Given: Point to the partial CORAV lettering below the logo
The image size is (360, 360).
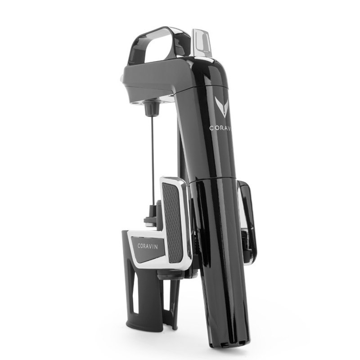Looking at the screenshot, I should tap(221, 128).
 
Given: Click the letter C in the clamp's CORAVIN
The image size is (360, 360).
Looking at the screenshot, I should tap(140, 247).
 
